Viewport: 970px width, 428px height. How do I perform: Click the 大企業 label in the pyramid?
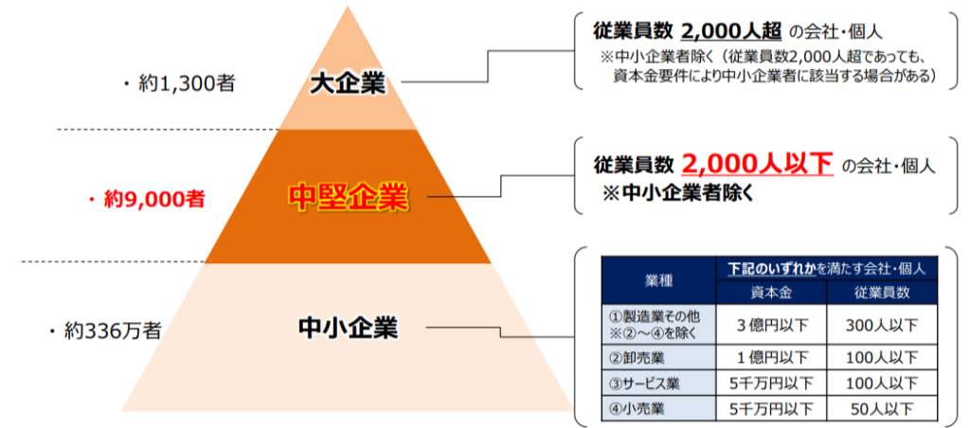pos(347,84)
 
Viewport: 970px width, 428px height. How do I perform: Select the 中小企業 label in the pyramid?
pos(348,328)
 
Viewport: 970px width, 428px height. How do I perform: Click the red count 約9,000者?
pos(146,200)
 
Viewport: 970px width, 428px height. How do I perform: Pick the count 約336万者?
pos(104,331)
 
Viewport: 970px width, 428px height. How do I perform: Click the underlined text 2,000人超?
pos(731,30)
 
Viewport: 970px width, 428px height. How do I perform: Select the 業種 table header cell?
pos(658,280)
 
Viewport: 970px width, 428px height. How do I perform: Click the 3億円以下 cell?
pos(771,324)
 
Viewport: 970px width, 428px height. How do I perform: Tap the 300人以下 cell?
pos(882,324)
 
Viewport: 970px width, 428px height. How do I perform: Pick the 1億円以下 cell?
pos(771,358)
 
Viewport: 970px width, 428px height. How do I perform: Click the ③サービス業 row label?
pos(644,383)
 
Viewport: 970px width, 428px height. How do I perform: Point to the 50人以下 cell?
pos(882,408)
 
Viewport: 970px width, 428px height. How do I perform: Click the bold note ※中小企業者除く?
pos(678,193)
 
